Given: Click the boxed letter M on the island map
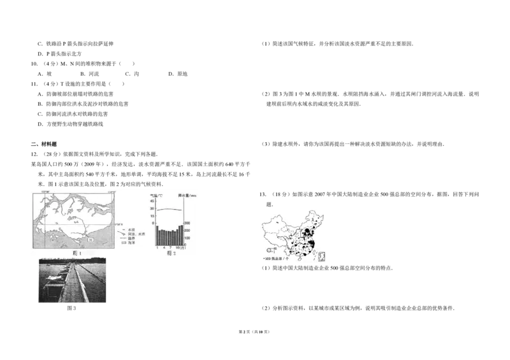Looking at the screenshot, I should (91, 239).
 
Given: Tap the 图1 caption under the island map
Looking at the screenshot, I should (77, 253).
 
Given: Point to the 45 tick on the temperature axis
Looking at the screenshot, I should (152, 201).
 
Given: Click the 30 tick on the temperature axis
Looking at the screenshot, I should (152, 208).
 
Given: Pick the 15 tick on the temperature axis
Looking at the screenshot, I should (152, 216).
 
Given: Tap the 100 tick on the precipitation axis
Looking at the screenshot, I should (188, 238).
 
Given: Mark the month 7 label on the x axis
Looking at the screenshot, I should (170, 247).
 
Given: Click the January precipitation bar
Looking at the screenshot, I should (157, 234).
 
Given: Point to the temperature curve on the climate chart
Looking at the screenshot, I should (170, 210).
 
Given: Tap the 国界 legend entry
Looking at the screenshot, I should (131, 238).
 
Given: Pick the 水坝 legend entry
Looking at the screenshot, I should (131, 229).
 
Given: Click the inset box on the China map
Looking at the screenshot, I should (321, 256).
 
